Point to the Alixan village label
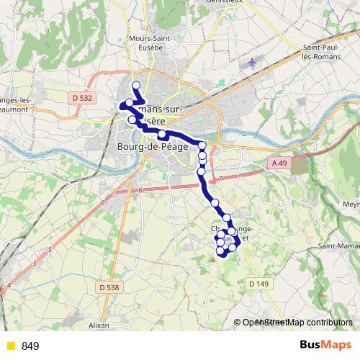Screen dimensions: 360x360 (x=98, y=325)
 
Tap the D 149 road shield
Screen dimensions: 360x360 (x=259, y=284)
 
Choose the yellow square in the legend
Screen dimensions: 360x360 (x=9, y=346)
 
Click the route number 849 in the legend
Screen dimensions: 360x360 (x=30, y=346)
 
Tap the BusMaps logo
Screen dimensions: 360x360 (x=320, y=346)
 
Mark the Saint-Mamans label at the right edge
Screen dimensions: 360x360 (x=340, y=247)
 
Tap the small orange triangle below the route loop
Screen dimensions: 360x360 (x=212, y=261)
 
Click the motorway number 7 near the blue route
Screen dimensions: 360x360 (x=221, y=177)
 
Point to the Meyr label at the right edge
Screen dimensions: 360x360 (x=351, y=204)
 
